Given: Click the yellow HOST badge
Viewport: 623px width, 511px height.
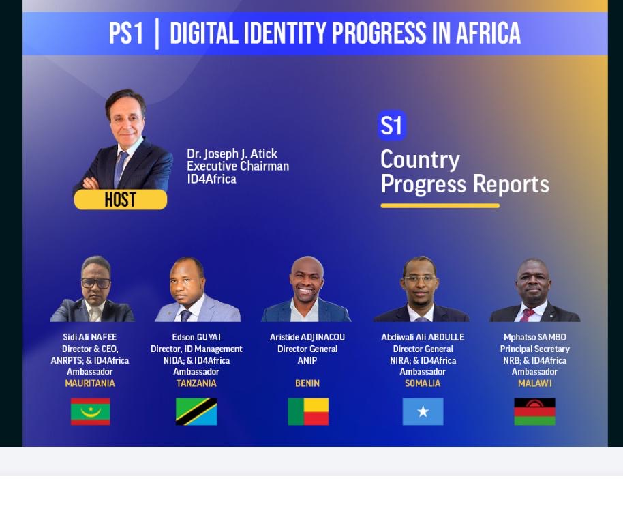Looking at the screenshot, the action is [x=121, y=199].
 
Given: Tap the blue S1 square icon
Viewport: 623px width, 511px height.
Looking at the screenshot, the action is [x=392, y=126].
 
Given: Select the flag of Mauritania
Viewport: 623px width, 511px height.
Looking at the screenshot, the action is [x=90, y=411].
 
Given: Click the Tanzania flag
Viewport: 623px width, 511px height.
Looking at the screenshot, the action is [x=196, y=411].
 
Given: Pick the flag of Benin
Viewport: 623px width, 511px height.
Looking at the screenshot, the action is [x=308, y=411].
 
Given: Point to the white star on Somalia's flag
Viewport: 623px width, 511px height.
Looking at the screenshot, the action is [x=423, y=411].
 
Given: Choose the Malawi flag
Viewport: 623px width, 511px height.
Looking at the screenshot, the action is [x=534, y=411].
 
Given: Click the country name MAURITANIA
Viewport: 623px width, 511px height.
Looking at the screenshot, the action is [x=90, y=383].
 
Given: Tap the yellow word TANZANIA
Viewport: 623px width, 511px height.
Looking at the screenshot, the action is [x=196, y=383].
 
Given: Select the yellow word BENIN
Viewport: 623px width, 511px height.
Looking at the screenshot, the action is [x=307, y=383].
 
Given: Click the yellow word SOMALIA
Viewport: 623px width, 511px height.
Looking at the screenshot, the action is [x=423, y=383].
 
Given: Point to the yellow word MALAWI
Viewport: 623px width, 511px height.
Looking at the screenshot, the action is [x=535, y=383].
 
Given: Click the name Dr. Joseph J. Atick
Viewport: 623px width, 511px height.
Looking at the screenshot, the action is [x=232, y=154].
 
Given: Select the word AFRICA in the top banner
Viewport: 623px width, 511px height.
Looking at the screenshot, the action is [x=488, y=33].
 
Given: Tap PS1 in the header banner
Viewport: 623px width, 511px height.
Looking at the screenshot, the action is [x=126, y=33].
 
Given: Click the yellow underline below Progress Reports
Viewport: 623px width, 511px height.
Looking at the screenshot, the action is [x=440, y=205].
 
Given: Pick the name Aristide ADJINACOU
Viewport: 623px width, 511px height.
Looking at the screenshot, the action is [x=307, y=337].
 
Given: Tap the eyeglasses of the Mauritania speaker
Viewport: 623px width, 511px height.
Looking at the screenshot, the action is [x=95, y=283].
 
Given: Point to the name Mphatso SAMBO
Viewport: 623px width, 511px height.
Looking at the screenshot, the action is [x=535, y=337].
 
